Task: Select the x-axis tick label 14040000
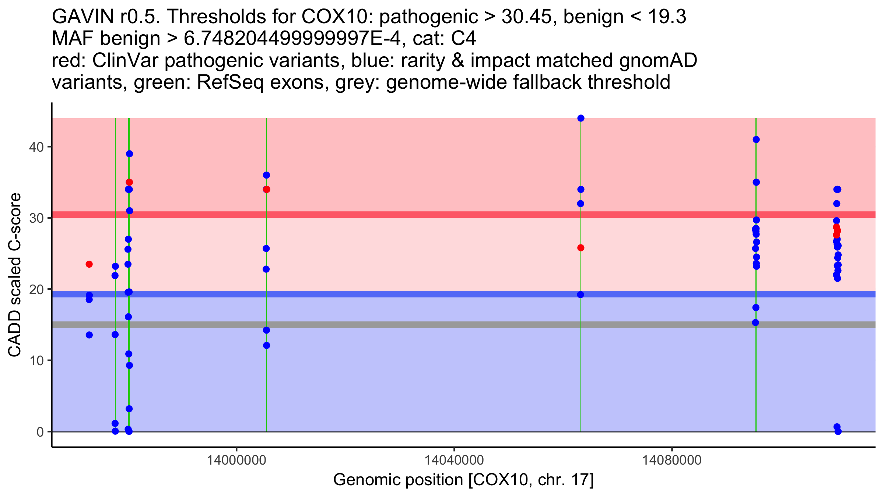click(454, 460)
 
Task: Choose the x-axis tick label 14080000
click(672, 460)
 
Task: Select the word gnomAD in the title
click(658, 61)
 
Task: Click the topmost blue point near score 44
click(581, 118)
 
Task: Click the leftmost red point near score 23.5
click(89, 264)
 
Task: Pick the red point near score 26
click(581, 248)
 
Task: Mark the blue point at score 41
click(756, 140)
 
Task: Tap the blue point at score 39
click(129, 154)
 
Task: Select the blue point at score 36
click(266, 175)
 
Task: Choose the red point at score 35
click(129, 182)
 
